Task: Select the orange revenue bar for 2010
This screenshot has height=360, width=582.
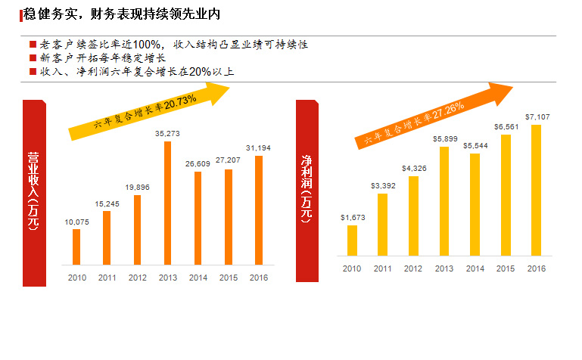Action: tap(76, 247)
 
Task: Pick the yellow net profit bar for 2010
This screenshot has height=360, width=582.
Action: tap(351, 240)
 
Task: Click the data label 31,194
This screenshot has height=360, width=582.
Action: tap(259, 146)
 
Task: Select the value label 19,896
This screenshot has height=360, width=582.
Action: tap(137, 186)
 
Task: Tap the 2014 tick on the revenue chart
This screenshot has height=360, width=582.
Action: tap(198, 278)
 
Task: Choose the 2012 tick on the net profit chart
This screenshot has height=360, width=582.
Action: tap(412, 268)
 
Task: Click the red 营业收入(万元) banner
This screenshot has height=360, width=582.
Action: tap(33, 192)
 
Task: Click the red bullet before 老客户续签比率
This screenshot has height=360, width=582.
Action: tap(32, 45)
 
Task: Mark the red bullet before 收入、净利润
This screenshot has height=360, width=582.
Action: tap(32, 72)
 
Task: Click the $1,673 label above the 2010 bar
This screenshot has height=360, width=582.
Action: tap(352, 218)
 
